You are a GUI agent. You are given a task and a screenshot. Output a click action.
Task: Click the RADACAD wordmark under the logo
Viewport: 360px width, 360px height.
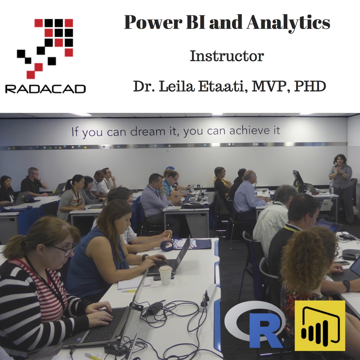point(45,89)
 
